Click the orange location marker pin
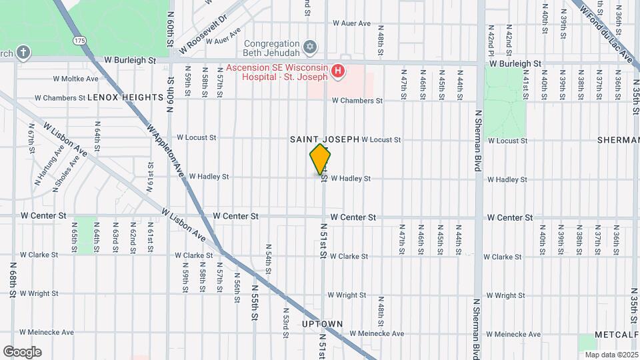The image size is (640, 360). [321, 159]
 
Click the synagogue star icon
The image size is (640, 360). [308, 47]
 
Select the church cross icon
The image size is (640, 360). [23, 53]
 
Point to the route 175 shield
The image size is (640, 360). [80, 41]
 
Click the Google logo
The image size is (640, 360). [22, 351]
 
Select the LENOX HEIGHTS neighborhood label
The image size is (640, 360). [125, 97]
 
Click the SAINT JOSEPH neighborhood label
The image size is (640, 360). [324, 139]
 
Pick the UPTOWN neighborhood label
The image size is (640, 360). [322, 324]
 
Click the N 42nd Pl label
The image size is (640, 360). [490, 42]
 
